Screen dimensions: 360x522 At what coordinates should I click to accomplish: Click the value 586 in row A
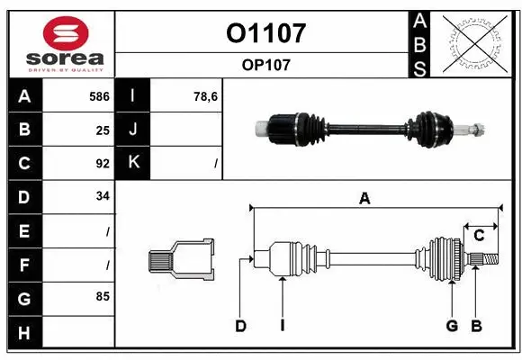[98, 95]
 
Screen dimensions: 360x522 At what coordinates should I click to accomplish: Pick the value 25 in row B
[102, 130]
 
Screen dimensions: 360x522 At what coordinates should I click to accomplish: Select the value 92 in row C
[102, 164]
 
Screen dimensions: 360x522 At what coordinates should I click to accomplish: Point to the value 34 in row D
[102, 197]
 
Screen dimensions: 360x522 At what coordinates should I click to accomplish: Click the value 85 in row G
[102, 295]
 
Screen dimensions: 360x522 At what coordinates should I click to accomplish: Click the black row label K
[133, 163]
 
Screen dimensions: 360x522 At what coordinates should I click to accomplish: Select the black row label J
[133, 130]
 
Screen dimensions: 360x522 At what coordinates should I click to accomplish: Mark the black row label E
[23, 231]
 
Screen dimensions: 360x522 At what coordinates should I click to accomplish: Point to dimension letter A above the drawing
[364, 199]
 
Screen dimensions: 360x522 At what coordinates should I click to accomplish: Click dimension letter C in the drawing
[479, 235]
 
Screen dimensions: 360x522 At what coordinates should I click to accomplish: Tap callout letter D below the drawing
[240, 326]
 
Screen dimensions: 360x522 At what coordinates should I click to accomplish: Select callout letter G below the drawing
[452, 326]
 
